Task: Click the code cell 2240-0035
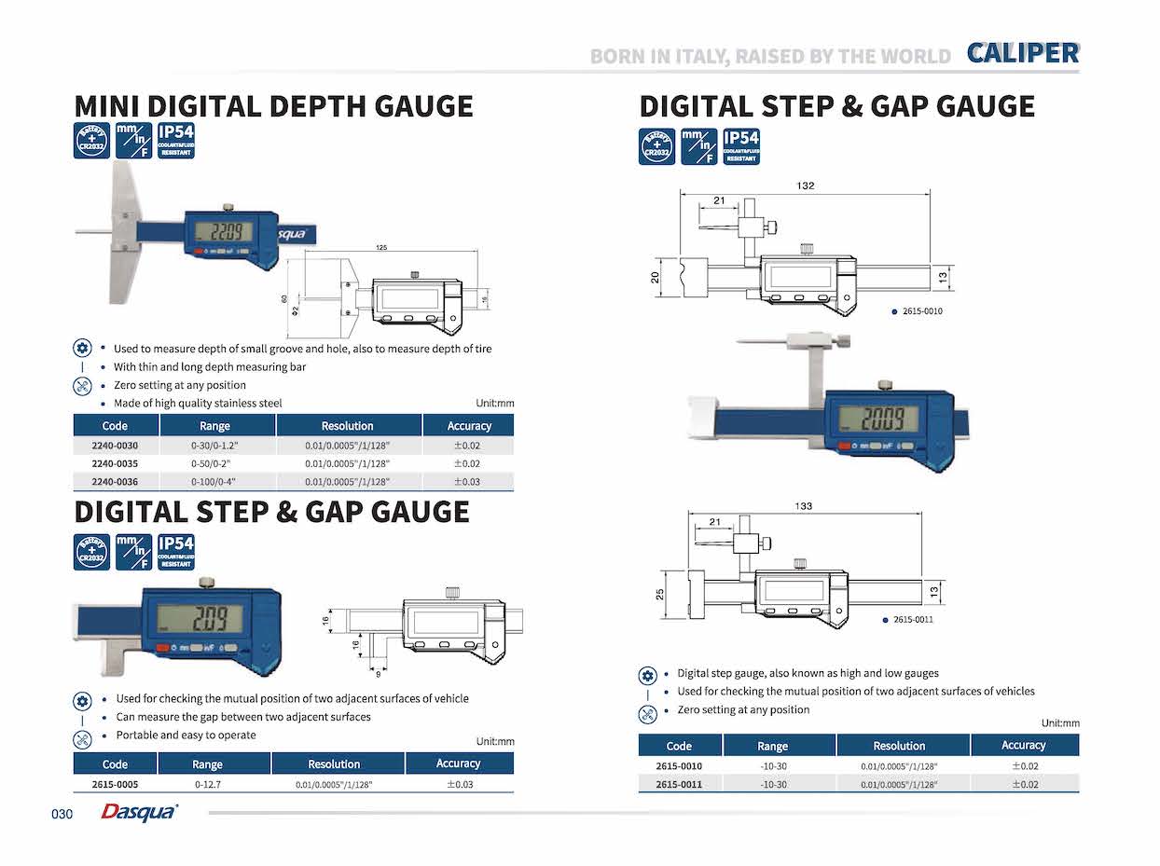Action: click(116, 463)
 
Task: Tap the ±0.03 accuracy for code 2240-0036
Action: click(466, 482)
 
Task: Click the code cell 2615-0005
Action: click(115, 785)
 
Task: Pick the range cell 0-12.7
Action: click(207, 785)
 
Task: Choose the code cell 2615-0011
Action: click(679, 784)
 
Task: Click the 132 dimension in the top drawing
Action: click(805, 186)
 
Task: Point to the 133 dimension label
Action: click(803, 506)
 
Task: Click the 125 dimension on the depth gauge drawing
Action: click(382, 247)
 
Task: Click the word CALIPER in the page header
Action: click(1022, 53)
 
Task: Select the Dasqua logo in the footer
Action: click(138, 813)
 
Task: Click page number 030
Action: click(62, 814)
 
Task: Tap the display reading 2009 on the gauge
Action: click(877, 419)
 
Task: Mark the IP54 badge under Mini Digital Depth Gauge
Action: click(175, 140)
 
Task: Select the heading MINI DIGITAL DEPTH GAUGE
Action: click(273, 105)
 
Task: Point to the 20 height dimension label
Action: click(656, 277)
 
